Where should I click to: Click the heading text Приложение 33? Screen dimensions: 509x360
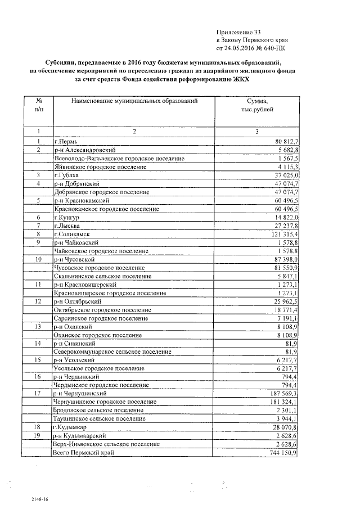[x=239, y=33]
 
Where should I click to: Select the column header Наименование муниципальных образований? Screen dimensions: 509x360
[x=134, y=101]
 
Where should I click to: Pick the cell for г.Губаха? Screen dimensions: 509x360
[x=67, y=175]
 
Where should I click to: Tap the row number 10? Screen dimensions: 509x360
[x=39, y=260]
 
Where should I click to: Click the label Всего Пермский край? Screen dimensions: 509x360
[x=84, y=452]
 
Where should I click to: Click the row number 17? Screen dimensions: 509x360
[x=39, y=393]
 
